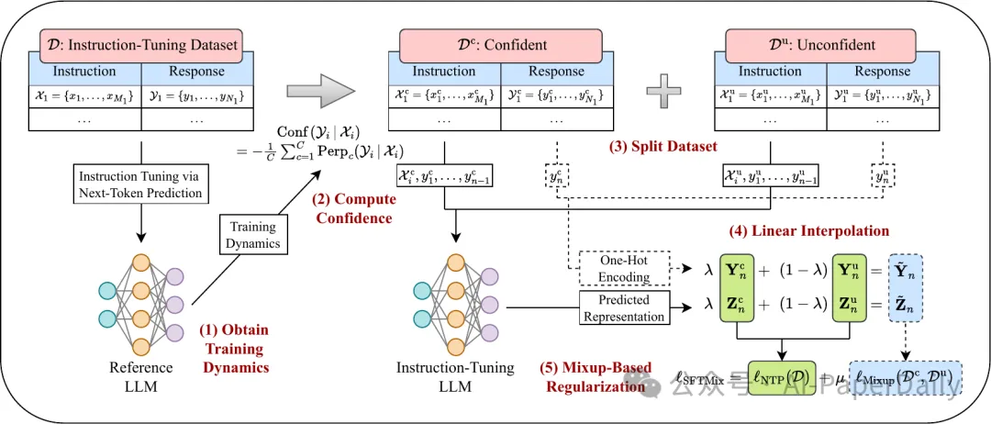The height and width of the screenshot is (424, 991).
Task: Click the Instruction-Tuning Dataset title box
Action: point(139,44)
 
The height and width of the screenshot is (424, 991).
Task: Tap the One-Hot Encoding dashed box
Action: point(623,269)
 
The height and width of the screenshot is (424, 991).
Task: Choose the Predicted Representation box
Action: point(624,307)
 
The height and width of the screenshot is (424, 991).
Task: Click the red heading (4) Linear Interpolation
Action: point(807,230)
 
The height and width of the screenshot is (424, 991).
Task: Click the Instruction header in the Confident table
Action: point(444,72)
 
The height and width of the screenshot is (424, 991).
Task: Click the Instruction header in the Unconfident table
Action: point(770,72)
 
